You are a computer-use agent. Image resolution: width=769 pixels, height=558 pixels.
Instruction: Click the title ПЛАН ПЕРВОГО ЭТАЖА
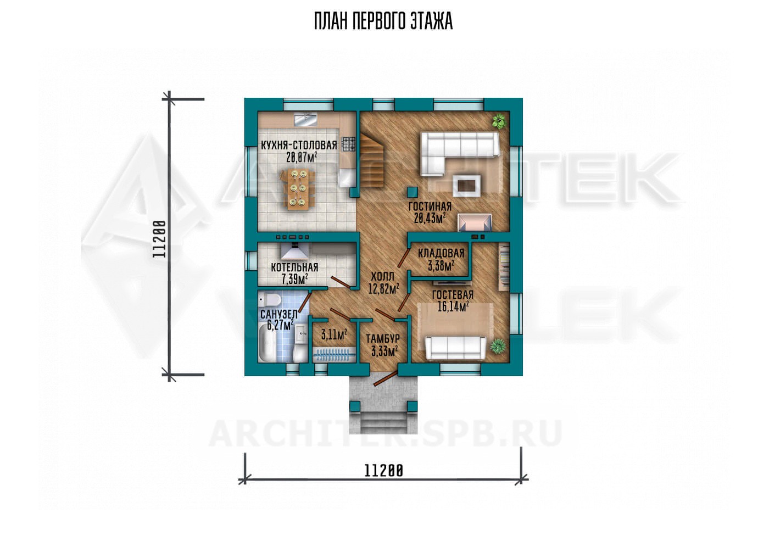click(x=383, y=21)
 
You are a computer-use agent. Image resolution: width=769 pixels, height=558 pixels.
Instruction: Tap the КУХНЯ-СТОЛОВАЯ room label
click(x=299, y=146)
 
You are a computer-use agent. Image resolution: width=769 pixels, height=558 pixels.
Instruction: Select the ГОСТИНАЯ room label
click(x=430, y=207)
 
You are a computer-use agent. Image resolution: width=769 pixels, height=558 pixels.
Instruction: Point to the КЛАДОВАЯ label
click(x=441, y=253)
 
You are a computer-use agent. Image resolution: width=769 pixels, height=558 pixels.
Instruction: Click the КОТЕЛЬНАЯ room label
click(x=294, y=267)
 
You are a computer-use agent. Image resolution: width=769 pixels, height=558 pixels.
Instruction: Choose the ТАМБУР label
click(x=383, y=339)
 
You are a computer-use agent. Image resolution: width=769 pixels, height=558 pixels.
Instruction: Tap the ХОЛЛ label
click(x=382, y=276)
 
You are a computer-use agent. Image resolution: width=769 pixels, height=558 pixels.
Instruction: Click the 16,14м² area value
click(x=453, y=306)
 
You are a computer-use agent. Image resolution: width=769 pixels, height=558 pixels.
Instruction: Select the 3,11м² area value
click(x=334, y=334)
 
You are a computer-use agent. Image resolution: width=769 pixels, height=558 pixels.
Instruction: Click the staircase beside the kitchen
click(x=372, y=160)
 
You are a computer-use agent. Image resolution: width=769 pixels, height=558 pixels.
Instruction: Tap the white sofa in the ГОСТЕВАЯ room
click(x=455, y=348)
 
